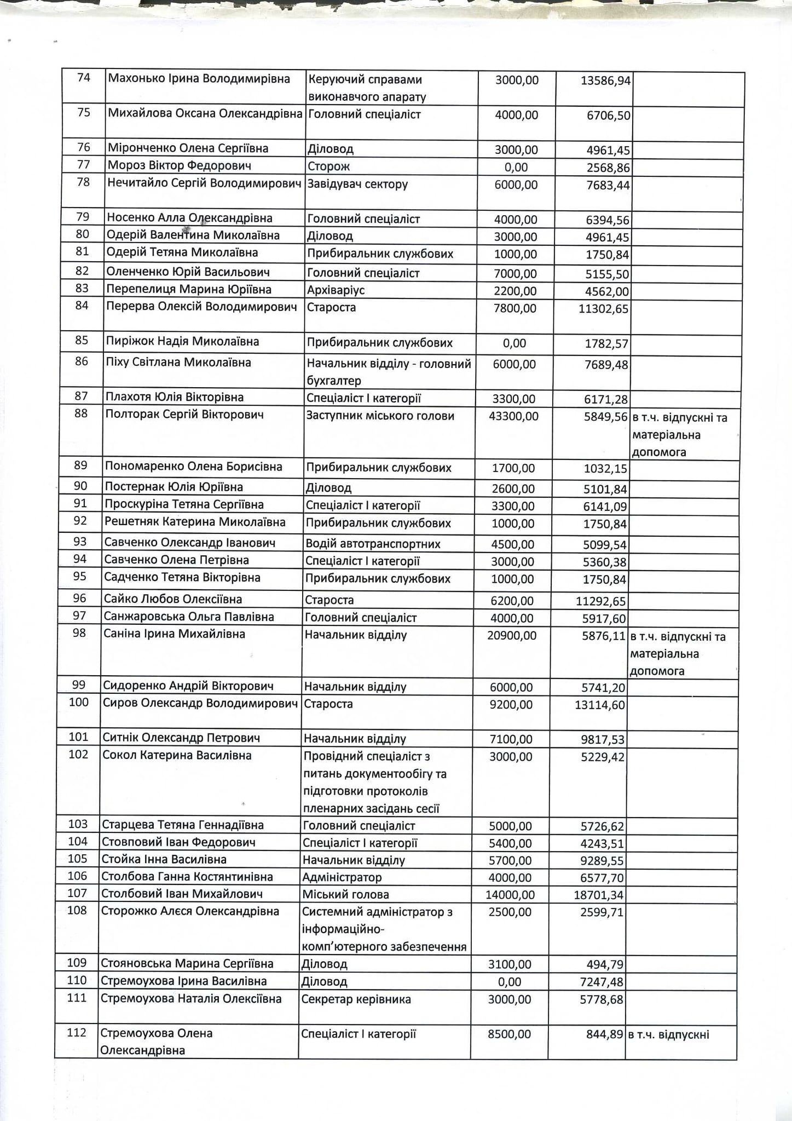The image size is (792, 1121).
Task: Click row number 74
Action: click(x=83, y=78)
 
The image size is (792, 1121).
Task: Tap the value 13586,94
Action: click(x=605, y=81)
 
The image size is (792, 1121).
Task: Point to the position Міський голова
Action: click(x=345, y=894)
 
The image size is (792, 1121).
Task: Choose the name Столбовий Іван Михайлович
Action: click(x=182, y=894)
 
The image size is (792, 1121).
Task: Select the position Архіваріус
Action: click(x=336, y=290)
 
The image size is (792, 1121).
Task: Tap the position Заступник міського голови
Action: click(x=380, y=416)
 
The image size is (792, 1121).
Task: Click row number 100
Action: click(x=79, y=702)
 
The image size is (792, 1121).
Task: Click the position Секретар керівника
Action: click(x=356, y=999)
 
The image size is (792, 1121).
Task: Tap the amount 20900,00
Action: click(x=512, y=635)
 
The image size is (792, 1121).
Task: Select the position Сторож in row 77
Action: click(x=328, y=166)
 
